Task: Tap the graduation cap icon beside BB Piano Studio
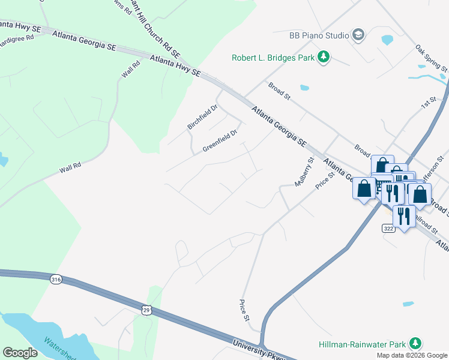pyautogui.click(x=359, y=35)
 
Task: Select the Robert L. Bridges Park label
pyautogui.click(x=273, y=58)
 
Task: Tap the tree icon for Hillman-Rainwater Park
pyautogui.click(x=414, y=343)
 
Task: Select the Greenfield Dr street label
pyautogui.click(x=220, y=140)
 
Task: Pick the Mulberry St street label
pyautogui.click(x=304, y=172)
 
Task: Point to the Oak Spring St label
pyautogui.click(x=432, y=58)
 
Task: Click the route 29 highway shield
pyautogui.click(x=146, y=310)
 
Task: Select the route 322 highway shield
pyautogui.click(x=389, y=229)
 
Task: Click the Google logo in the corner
pyautogui.click(x=20, y=352)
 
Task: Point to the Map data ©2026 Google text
pyautogui.click(x=411, y=355)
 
